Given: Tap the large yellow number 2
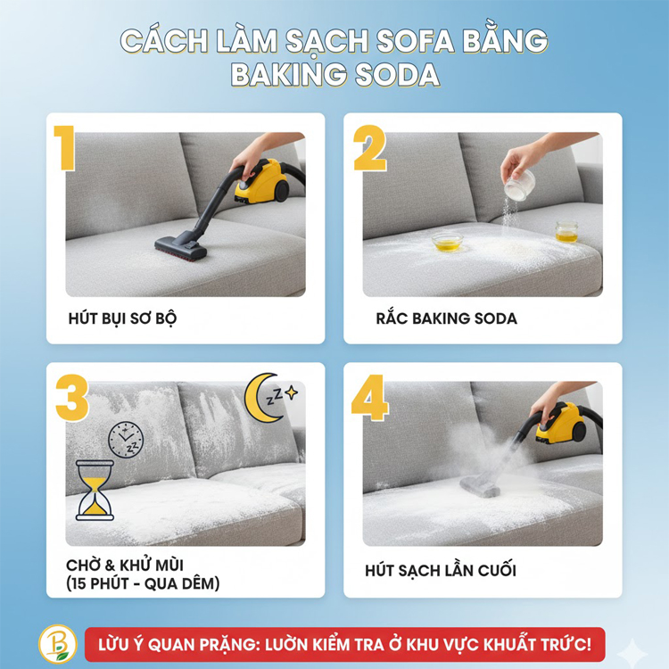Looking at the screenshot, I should coord(369,148).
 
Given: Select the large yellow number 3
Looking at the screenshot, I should coord(72,398).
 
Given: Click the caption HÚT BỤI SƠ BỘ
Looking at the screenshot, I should coord(122,318).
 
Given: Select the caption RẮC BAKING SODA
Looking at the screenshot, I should coord(446,318).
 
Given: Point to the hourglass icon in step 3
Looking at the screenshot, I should coord(95,490).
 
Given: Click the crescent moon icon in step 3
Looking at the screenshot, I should coord(262,393).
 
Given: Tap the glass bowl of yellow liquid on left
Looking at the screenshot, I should coord(447,241).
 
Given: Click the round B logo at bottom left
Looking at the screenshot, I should coord(58,643).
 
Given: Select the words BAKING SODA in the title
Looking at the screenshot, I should coord(334,75).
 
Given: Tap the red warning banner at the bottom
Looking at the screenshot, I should coord(344,644).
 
